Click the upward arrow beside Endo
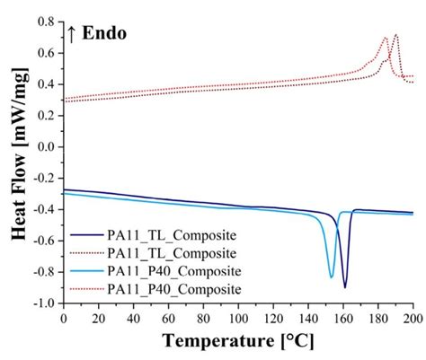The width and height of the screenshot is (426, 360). (x=72, y=35)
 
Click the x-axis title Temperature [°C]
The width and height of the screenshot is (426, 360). (x=238, y=342)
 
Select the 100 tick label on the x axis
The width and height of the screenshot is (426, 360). (x=238, y=318)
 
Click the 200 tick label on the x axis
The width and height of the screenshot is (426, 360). (x=413, y=318)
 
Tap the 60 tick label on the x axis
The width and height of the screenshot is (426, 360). (x=168, y=318)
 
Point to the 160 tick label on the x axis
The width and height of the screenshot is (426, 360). (x=343, y=318)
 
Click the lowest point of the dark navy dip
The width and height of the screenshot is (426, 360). (x=345, y=287)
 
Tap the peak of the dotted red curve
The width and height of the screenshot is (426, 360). (x=386, y=38)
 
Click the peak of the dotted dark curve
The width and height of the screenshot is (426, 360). (x=395, y=35)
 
